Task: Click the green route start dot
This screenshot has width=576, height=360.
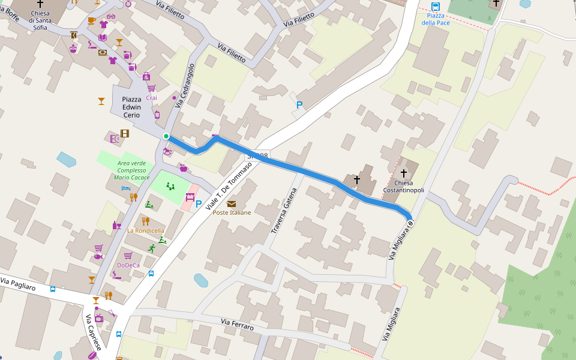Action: (166, 136)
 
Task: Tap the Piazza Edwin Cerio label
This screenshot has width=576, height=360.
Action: (131, 107)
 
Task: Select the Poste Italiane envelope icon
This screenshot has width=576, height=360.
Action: (232, 204)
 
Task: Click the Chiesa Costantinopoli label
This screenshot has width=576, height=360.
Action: (403, 187)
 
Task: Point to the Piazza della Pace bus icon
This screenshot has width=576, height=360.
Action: (436, 7)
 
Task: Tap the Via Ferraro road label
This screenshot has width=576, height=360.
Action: (237, 325)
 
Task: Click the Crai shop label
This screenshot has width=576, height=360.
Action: (152, 97)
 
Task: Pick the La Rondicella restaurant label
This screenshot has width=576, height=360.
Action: (145, 230)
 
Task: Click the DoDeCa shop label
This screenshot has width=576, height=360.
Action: (128, 265)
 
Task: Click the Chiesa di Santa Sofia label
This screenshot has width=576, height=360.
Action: (40, 20)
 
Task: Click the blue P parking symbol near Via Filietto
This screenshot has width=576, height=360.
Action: (299, 106)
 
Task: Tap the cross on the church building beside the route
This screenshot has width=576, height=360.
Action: (356, 179)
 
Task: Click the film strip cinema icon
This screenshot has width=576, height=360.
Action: (125, 134)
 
